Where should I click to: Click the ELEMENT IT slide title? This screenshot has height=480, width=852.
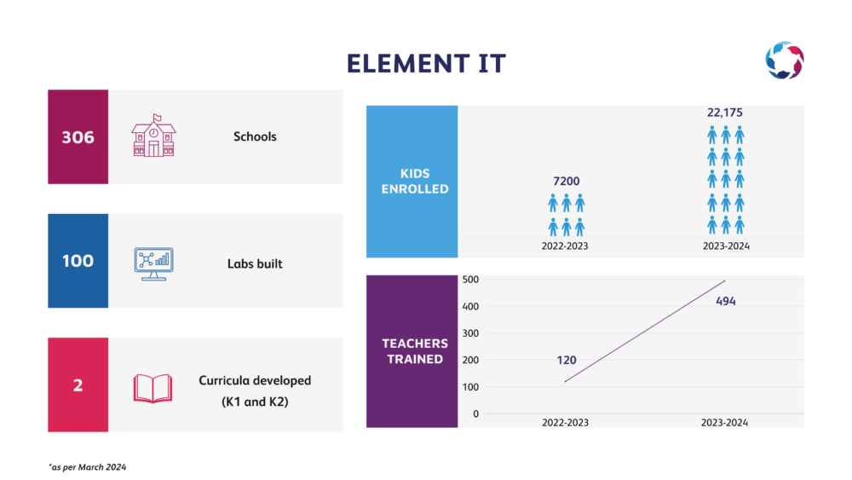[426, 64]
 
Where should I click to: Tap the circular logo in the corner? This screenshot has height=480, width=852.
[785, 60]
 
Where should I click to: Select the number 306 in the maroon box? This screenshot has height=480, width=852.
[78, 137]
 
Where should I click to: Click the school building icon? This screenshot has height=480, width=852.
[153, 136]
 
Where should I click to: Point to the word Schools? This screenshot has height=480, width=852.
[255, 136]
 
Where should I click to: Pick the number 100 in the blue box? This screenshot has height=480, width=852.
[78, 261]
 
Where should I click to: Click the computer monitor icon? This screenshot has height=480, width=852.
[153, 264]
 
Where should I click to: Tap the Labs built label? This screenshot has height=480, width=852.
[255, 263]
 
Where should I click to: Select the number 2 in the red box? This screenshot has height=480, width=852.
[78, 385]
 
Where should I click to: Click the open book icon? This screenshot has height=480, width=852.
[153, 388]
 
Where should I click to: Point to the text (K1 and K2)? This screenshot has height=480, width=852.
[255, 402]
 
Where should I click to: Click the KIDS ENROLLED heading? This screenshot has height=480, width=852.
[415, 181]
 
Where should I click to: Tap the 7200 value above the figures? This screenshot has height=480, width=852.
[567, 181]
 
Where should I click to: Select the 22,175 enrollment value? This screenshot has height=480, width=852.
[725, 113]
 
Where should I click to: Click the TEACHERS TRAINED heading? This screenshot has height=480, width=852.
[415, 351]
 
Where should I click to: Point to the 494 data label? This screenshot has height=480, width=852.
[726, 301]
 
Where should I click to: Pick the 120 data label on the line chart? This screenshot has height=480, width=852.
[567, 360]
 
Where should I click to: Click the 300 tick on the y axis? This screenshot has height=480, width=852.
[470, 333]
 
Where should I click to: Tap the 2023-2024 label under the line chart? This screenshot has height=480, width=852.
[724, 422]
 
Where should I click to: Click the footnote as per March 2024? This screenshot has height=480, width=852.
[88, 467]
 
